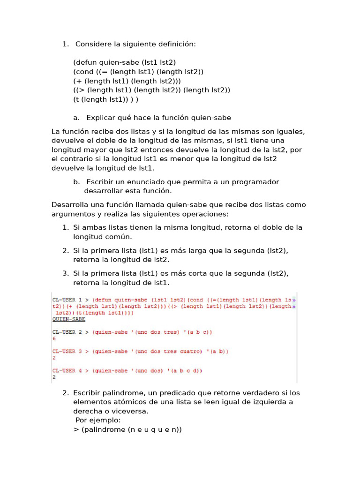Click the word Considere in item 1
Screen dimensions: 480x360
click(x=93, y=44)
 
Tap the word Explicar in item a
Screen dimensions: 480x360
click(x=101, y=118)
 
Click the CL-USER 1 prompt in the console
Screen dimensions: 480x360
click(x=67, y=300)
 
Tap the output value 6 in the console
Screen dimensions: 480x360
click(x=54, y=338)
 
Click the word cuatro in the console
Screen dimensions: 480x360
click(x=188, y=351)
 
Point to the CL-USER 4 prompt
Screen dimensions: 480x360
click(x=67, y=371)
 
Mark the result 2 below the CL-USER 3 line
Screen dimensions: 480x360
click(x=54, y=357)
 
